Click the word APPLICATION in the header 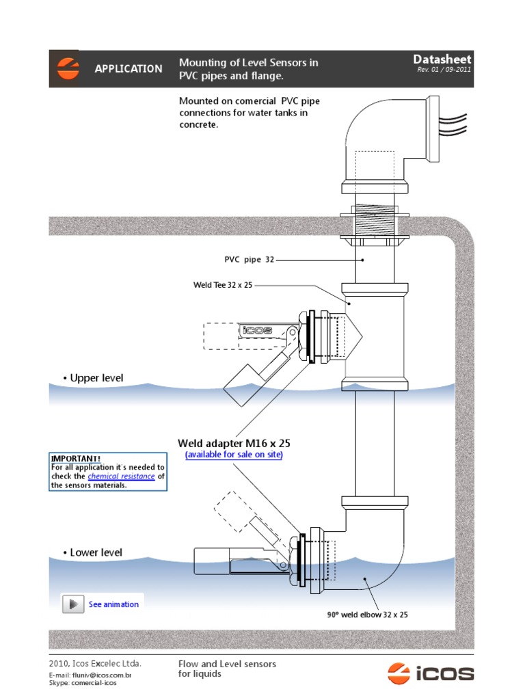tap(129, 69)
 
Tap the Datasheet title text tap(442, 60)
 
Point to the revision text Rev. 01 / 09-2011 tap(444, 70)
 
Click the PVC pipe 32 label tap(250, 260)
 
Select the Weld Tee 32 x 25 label tap(223, 284)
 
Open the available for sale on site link tap(234, 455)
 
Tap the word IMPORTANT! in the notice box tap(76, 458)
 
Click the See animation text tap(113, 604)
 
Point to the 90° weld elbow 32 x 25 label tap(367, 615)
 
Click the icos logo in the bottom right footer tap(431, 673)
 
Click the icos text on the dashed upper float tap(258, 330)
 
